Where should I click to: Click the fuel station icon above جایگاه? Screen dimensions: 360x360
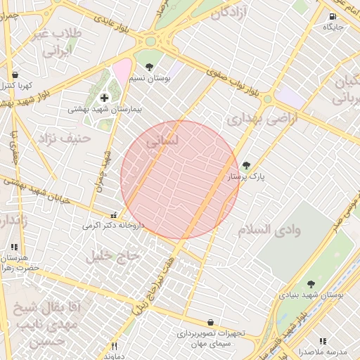[x=333, y=15]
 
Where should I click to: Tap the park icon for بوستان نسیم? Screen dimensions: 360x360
[x=149, y=67]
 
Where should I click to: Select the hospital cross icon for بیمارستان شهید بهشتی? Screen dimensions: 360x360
[x=105, y=98]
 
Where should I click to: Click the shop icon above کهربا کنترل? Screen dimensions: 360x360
[x=15, y=75]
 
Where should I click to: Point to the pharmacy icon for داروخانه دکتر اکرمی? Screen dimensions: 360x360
[x=114, y=215]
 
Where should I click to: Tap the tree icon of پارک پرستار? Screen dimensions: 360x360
[x=246, y=165]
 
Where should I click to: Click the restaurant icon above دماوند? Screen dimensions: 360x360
[x=114, y=345]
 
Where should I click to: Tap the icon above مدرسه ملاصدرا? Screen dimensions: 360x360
[x=323, y=341]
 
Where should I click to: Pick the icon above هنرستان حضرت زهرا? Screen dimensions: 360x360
[x=15, y=247]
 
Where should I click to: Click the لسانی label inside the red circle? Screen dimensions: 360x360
[x=163, y=141]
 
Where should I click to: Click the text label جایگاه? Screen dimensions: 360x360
[x=333, y=27]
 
